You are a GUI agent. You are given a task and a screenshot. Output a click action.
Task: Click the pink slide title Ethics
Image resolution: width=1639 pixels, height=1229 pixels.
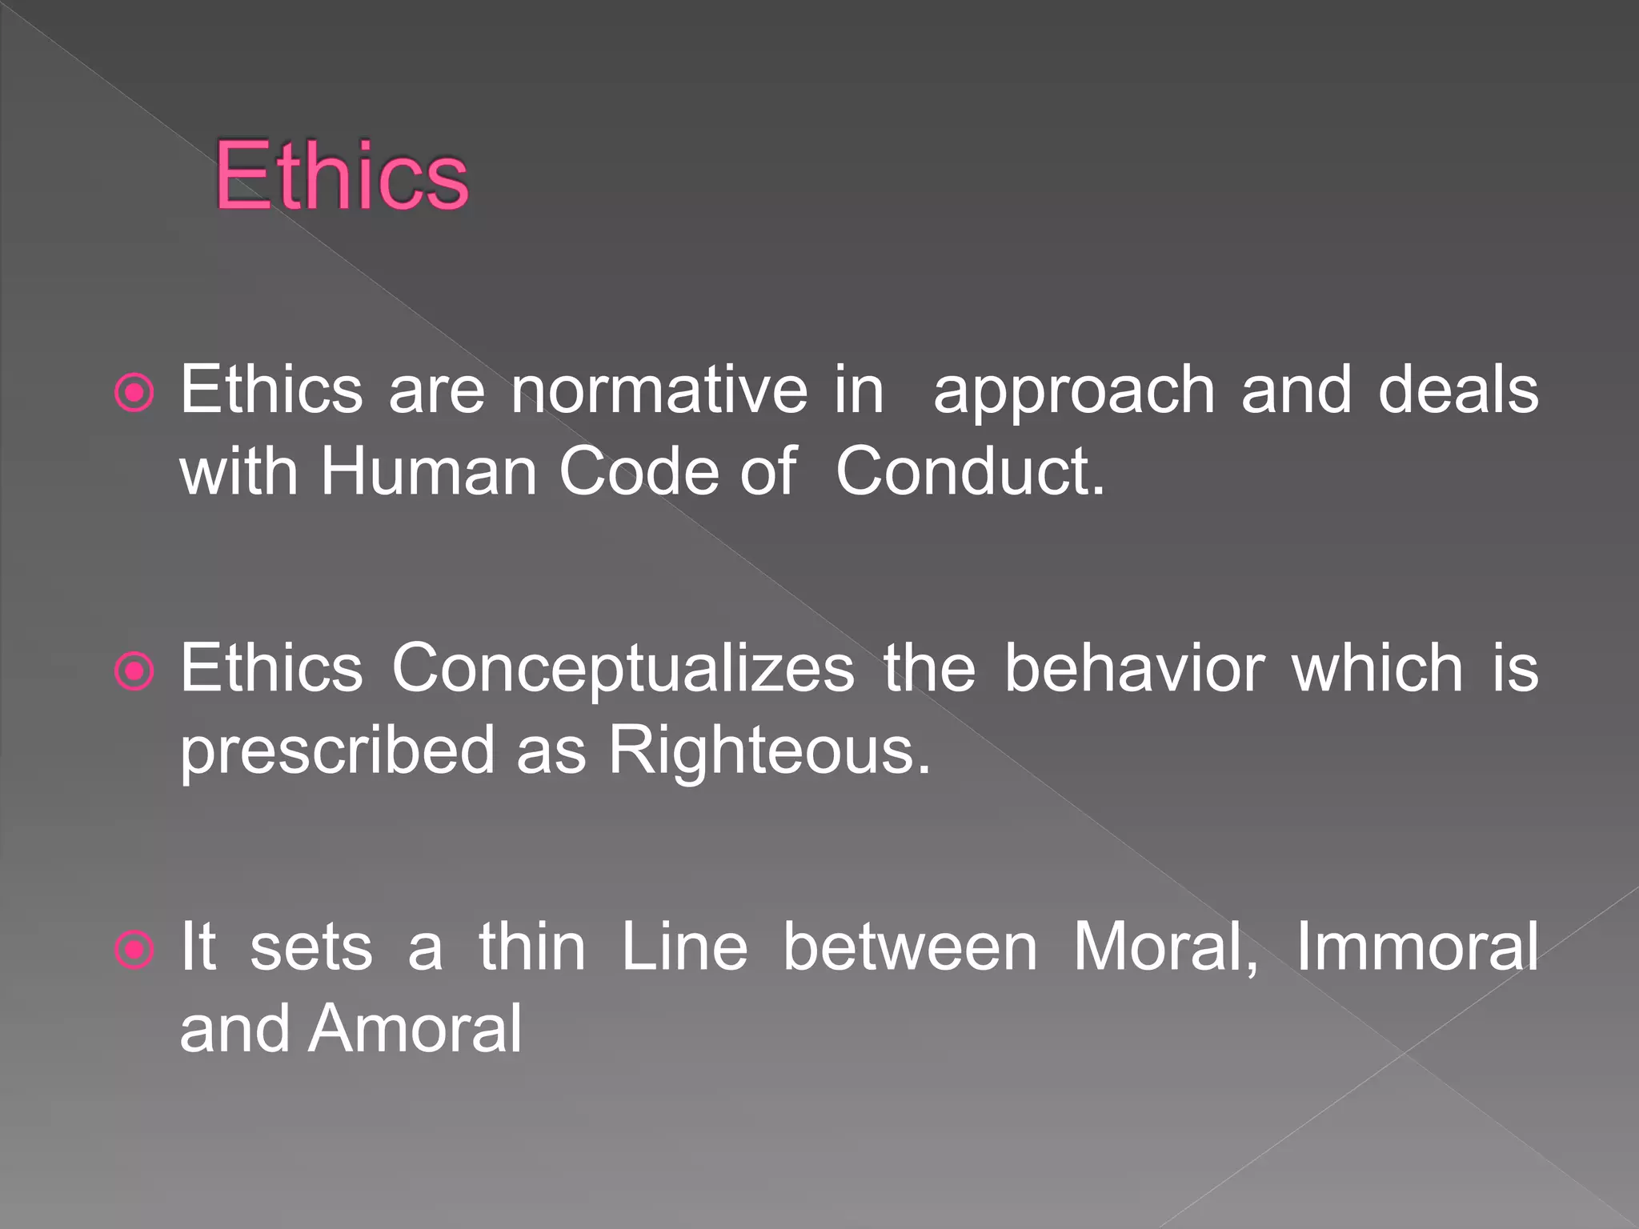pos(342,175)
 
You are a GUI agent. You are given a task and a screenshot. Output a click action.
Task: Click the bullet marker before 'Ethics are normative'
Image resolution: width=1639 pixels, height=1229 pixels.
pos(134,393)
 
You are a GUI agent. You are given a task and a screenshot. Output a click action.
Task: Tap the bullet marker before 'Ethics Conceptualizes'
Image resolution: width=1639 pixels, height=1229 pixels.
pos(134,671)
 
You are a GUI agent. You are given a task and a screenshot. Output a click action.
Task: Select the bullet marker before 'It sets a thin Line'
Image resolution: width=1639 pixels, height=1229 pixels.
pos(134,950)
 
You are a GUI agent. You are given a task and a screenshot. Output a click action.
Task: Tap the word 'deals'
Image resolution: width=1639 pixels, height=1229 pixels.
pos(1458,390)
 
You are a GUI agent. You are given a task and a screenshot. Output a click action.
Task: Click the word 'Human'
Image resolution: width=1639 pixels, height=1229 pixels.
pos(429,471)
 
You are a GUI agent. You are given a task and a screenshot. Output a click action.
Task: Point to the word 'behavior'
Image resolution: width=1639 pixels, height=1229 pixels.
pos(1135,668)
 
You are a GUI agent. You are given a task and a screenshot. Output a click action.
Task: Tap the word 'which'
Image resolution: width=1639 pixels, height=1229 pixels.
pos(1377,668)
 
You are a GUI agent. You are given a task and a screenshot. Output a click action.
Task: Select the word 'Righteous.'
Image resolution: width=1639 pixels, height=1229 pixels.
pos(770,753)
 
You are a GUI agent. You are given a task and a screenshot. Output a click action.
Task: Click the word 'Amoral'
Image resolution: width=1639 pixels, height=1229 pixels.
pos(416,1029)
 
